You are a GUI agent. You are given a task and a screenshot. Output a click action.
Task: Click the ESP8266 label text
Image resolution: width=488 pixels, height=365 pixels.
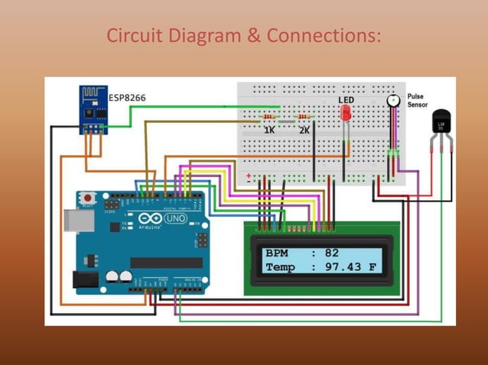click(127, 98)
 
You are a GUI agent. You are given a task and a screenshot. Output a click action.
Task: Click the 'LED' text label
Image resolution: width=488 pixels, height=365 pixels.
click(346, 100)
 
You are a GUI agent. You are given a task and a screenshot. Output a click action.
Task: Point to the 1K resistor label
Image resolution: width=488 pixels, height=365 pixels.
click(269, 131)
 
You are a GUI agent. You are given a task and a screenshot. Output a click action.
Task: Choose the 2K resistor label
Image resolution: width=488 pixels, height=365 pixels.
click(304, 131)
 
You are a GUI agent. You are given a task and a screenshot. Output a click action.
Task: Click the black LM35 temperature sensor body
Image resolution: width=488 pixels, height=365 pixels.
click(441, 121)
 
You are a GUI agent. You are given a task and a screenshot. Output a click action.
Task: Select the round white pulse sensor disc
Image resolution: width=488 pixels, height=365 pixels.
click(393, 100)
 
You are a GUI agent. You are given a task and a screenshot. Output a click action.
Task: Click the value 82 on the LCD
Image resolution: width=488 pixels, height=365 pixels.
click(331, 253)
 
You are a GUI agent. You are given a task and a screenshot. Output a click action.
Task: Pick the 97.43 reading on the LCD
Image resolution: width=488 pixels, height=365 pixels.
click(343, 267)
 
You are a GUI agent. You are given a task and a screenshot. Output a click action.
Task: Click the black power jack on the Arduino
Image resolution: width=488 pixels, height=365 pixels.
click(85, 279)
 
